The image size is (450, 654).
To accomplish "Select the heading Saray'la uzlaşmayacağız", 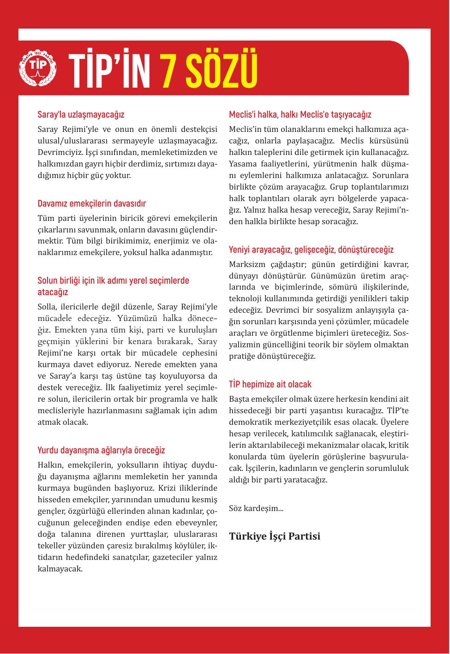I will click(81, 114).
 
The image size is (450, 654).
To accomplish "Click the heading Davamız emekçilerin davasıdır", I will click(92, 203).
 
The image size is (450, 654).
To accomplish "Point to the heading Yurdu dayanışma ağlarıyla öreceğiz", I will click(101, 450).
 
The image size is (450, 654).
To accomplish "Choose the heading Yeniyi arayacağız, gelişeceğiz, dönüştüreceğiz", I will click(311, 250).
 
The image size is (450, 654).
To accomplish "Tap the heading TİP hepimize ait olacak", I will click(270, 384).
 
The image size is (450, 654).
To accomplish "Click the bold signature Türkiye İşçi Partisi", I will click(275, 536).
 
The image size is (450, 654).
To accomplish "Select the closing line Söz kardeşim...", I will click(256, 508).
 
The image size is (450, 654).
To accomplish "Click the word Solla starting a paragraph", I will click(47, 307).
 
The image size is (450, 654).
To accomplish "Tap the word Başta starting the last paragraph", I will click(239, 399).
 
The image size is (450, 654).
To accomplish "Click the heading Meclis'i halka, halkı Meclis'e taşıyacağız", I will click(300, 114).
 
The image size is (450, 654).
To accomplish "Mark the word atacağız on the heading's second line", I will click(53, 292).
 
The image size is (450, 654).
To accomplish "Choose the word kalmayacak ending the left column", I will click(60, 568).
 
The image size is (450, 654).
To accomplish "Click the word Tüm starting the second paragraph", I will click(45, 218).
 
